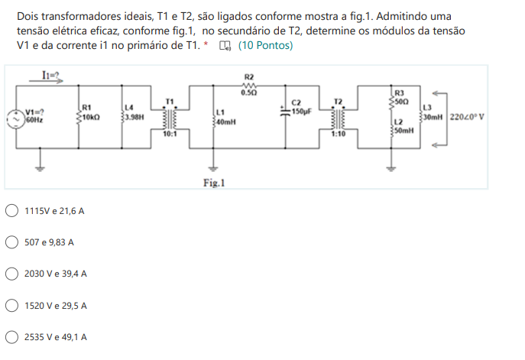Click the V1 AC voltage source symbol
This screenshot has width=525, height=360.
[16, 117]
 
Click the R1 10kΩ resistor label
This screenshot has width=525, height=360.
[89, 112]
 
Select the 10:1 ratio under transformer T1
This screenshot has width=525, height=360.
[170, 134]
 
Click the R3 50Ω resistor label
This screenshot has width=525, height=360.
[402, 96]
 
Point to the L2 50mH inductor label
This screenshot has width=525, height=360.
[403, 126]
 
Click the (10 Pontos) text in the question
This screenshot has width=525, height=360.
[264, 46]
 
